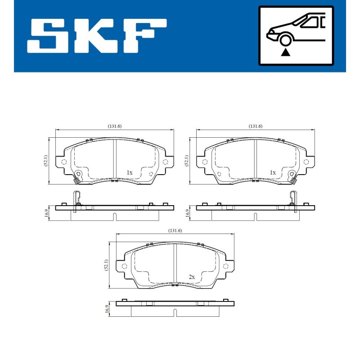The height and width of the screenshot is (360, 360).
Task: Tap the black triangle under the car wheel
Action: tap(285, 53)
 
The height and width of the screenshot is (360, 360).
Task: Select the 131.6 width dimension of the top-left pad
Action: tap(115, 126)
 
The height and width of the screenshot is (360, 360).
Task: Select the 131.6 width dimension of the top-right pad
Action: tap(256, 126)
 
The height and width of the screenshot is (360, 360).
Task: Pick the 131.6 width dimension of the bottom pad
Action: tap(175, 230)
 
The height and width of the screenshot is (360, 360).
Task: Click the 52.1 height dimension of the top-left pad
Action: tap(46, 161)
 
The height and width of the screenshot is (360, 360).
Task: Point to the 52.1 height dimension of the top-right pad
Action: tap(187, 161)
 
